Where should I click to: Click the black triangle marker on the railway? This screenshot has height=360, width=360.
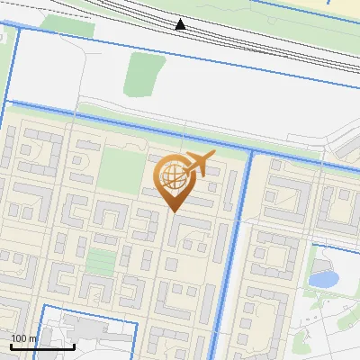tap(181, 24)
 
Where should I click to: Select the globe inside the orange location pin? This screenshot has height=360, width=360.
tap(171, 177)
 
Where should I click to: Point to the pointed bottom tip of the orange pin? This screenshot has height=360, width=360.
tap(173, 211)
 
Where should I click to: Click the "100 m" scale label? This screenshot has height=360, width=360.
tap(24, 338)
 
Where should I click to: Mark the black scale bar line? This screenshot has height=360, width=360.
tap(41, 346)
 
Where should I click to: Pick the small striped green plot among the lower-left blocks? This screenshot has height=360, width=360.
tap(101, 262)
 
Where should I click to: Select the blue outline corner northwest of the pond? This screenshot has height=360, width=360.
tap(312, 245)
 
